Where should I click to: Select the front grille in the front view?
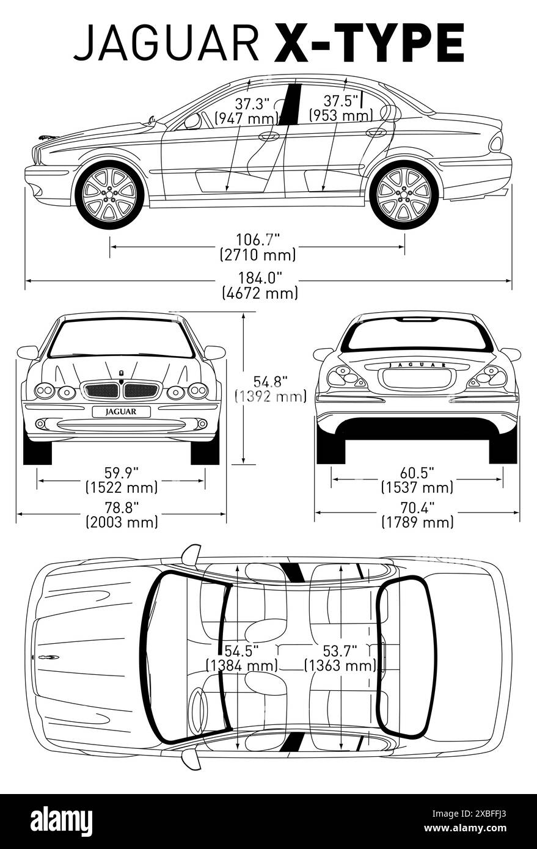coord(122,390)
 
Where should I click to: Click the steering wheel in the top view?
coord(197,711)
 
